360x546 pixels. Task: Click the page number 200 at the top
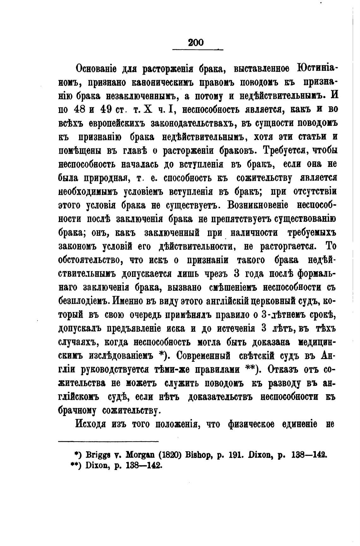point(195,42)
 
